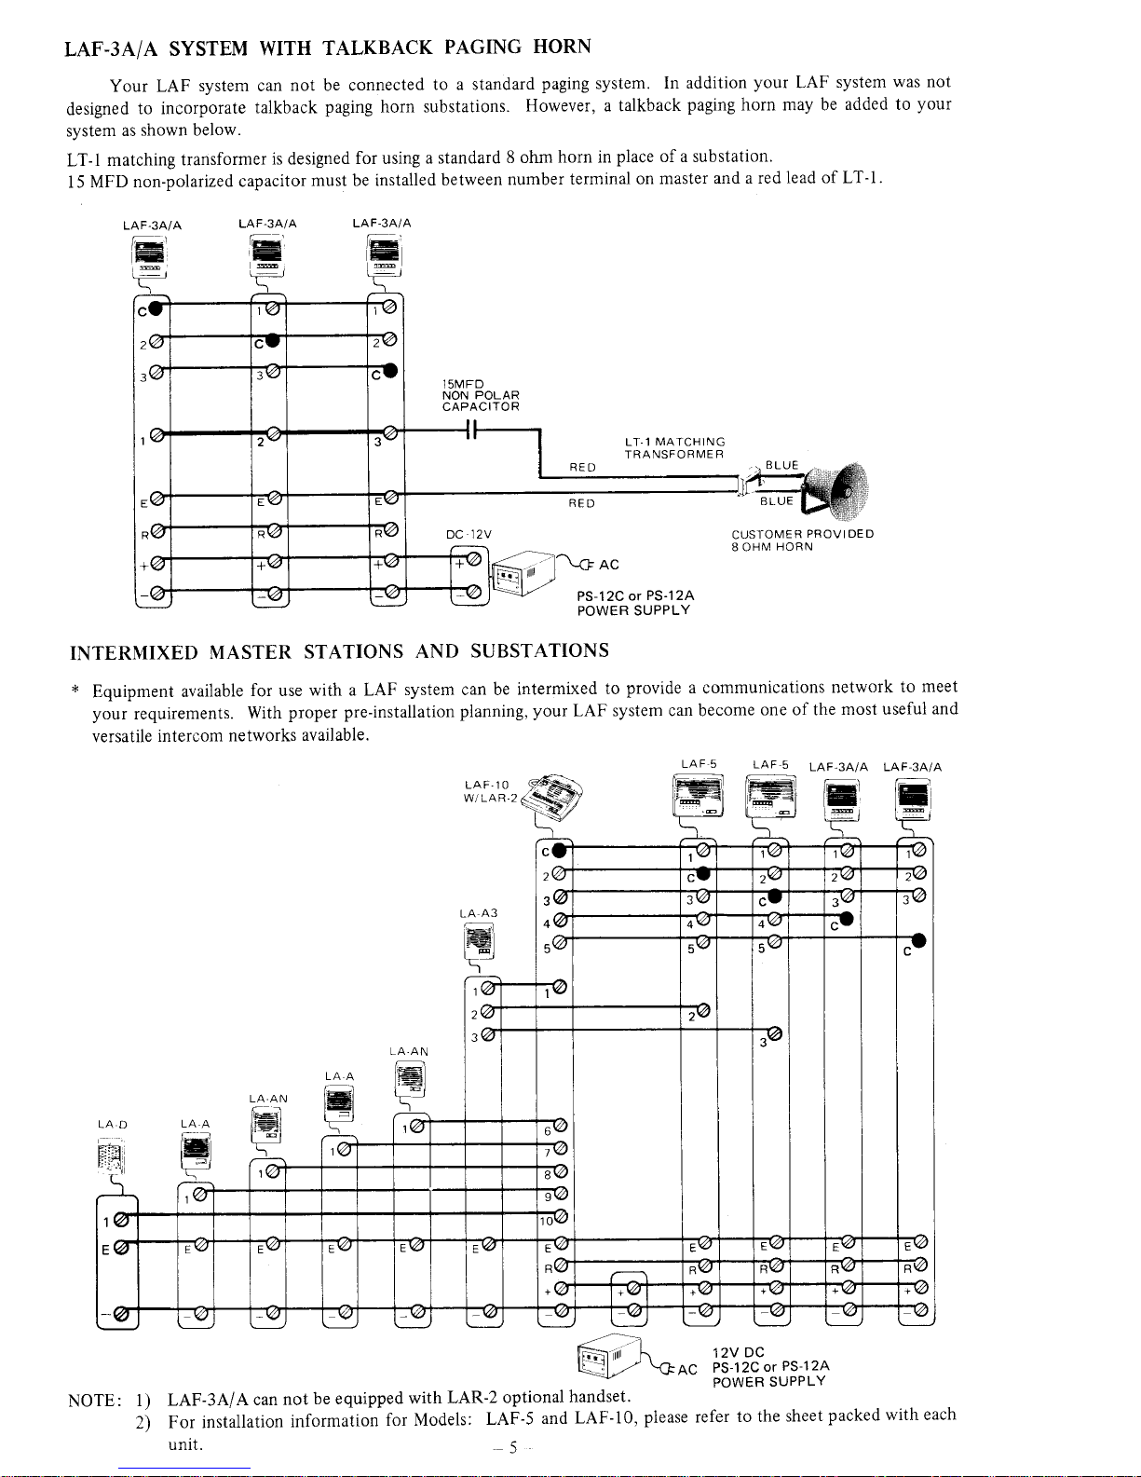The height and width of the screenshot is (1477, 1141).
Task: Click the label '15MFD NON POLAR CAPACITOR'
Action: [480, 395]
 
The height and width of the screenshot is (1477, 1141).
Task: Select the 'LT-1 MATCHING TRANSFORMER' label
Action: [674, 447]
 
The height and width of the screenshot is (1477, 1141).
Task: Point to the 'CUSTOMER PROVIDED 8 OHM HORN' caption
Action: [802, 540]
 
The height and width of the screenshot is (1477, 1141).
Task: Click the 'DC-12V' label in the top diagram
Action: [469, 534]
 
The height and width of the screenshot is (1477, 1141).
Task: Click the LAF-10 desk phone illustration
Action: [561, 796]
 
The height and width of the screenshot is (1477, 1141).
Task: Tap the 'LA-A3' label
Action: [479, 913]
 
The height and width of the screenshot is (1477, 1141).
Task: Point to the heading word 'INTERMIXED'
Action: [134, 650]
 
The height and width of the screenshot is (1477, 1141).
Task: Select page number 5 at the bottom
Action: [512, 1447]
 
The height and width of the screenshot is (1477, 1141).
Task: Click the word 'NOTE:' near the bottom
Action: [94, 1401]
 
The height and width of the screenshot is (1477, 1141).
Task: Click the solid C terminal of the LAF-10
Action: [557, 850]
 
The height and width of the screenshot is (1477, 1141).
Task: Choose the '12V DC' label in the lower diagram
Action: [737, 1352]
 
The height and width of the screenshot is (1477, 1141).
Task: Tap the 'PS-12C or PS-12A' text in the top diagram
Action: [635, 595]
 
